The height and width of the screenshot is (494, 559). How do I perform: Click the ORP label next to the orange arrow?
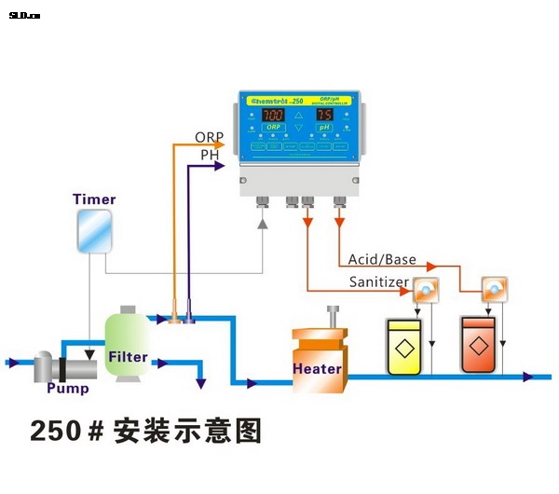pyautogui.click(x=210, y=137)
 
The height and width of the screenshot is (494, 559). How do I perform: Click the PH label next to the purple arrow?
pyautogui.click(x=210, y=155)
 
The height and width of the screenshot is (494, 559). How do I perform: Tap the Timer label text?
pyautogui.click(x=94, y=199)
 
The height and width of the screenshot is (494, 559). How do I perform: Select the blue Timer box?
pyautogui.click(x=94, y=231)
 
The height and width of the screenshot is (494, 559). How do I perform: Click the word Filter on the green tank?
pyautogui.click(x=128, y=357)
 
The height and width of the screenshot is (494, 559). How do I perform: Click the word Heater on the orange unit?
pyautogui.click(x=317, y=368)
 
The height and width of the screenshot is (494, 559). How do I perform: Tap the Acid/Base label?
pyautogui.click(x=382, y=259)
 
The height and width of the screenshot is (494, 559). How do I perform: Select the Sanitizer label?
pyautogui.click(x=379, y=281)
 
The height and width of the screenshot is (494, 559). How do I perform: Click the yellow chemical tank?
pyautogui.click(x=405, y=347)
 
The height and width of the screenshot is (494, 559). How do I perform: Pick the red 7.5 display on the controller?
pyautogui.click(x=323, y=115)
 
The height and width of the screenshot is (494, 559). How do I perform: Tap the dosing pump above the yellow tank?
pyautogui.click(x=425, y=291)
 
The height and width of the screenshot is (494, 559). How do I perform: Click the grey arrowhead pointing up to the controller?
pyautogui.click(x=263, y=225)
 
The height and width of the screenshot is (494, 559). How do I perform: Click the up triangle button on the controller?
pyautogui.click(x=298, y=113)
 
